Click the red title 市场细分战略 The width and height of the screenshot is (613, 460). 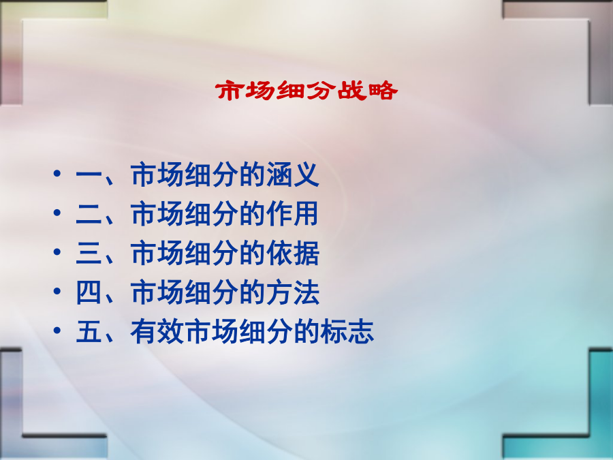(306, 91)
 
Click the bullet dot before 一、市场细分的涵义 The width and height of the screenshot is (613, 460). (57, 173)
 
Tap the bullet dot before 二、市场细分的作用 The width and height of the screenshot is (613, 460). (57, 213)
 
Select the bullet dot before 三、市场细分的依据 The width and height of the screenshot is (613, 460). (57, 251)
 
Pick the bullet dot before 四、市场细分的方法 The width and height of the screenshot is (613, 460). (57, 291)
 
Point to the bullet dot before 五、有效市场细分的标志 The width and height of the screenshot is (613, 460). (57, 330)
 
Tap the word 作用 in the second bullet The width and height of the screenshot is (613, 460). (293, 214)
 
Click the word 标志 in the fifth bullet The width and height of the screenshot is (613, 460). (347, 332)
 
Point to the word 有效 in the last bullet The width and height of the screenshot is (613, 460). (157, 332)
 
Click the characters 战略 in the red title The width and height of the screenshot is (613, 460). (368, 91)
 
